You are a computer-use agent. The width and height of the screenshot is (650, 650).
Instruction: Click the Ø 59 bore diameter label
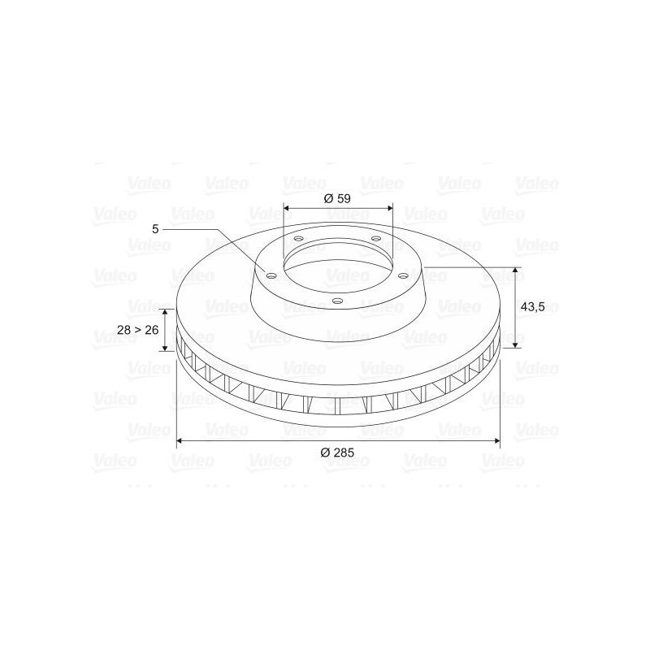(337, 198)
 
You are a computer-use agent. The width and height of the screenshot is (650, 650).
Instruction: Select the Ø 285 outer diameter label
(337, 453)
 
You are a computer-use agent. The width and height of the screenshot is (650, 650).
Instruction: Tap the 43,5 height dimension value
(532, 307)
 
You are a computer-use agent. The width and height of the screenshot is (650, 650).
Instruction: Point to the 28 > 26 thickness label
(138, 330)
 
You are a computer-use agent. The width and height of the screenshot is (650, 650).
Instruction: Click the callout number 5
(155, 229)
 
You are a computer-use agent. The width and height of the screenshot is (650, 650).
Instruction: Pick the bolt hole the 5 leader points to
(271, 276)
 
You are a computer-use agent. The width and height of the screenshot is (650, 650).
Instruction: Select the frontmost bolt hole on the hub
(338, 301)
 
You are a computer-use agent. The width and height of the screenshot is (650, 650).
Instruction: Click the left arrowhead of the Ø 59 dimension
(287, 207)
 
